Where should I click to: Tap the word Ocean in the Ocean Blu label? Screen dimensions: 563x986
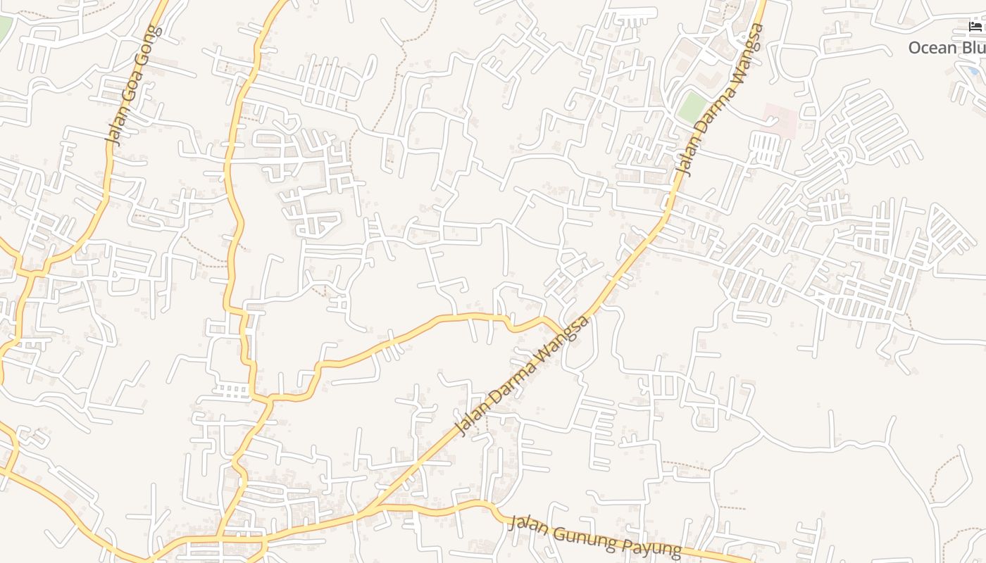932,48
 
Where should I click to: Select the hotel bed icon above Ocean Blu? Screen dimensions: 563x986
975,27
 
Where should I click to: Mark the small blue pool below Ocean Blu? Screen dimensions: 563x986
973,70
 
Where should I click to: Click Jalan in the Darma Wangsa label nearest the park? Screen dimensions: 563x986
685,160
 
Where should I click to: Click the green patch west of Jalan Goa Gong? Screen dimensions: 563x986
4,27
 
